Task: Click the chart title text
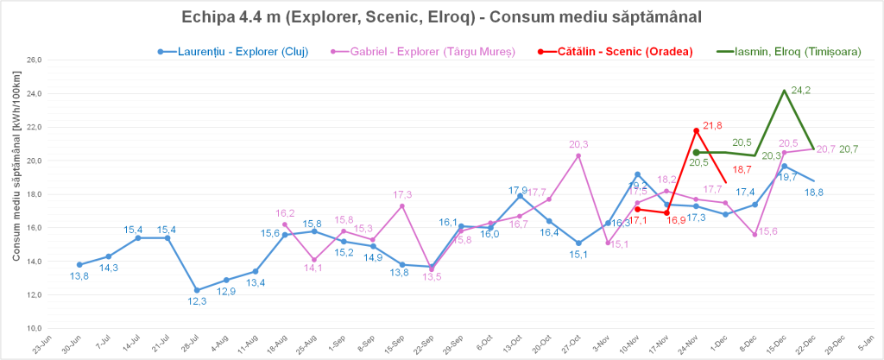pos(441,17)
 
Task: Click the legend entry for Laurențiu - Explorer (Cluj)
pos(233,52)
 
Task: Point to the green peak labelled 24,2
pos(784,91)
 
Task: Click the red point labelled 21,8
pos(696,130)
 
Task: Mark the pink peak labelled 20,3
pos(578,155)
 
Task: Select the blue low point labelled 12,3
pos(197,290)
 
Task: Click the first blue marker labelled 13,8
pos(79,264)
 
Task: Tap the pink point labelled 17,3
pos(402,205)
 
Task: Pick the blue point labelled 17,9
pos(520,196)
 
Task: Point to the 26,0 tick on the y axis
pos(34,60)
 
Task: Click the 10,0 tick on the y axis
pos(34,329)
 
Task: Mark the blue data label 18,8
pos(814,193)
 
